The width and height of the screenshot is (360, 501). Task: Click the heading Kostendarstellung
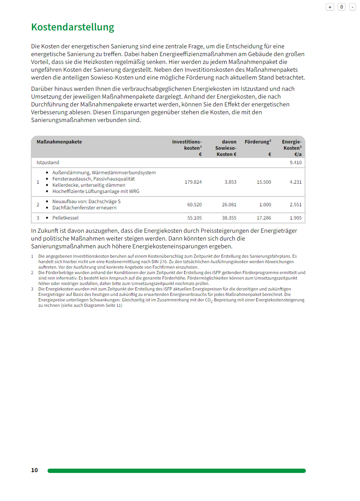pos(73,27)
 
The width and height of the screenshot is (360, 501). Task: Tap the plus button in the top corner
pos(330,7)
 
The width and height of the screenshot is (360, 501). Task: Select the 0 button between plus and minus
pos(342,7)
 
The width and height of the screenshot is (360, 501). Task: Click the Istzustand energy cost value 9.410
pos(295,163)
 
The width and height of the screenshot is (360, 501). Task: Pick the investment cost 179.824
pos(193,182)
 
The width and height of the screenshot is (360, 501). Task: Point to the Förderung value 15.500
pos(264,182)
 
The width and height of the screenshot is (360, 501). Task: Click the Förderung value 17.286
pos(264,218)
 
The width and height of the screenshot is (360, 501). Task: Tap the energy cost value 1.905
pos(295,218)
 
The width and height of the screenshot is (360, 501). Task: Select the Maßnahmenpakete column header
pos(59,142)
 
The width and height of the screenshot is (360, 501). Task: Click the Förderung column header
pos(258,142)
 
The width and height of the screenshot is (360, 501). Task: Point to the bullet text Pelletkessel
pos(65,218)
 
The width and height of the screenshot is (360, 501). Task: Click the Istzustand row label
pos(48,163)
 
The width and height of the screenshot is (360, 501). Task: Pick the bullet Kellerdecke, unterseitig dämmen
pos(89,185)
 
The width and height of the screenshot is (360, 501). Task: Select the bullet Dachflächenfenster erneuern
pos(84,208)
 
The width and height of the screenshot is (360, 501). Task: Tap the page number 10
pos(35,470)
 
